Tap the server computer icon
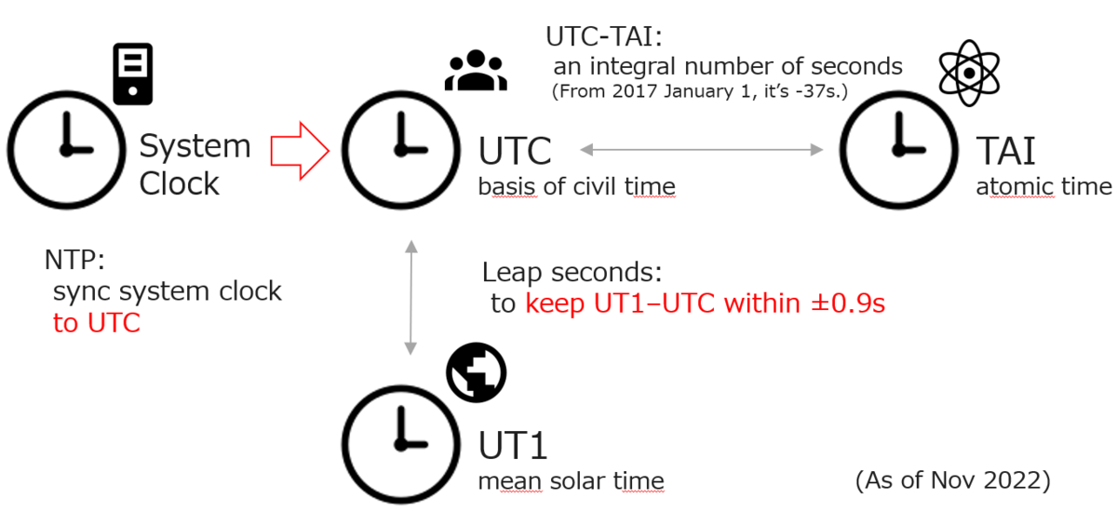tap(133, 73)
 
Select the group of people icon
tap(476, 72)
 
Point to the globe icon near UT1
tap(475, 374)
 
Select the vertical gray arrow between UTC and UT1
tap(410, 297)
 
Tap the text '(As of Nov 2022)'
tap(952, 480)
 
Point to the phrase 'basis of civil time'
tap(576, 187)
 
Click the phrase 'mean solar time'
tap(571, 481)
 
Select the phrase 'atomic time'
tap(1043, 187)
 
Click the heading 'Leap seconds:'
tap(572, 272)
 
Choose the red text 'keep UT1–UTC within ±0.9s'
tap(705, 304)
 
